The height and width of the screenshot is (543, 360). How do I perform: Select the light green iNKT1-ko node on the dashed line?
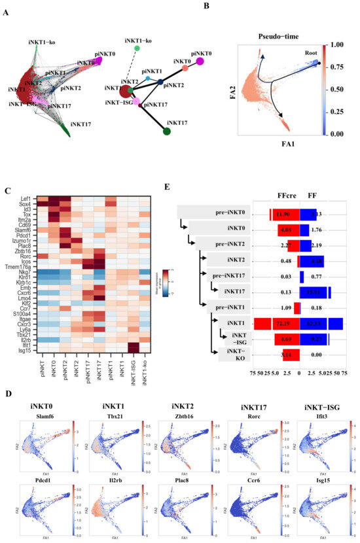136,48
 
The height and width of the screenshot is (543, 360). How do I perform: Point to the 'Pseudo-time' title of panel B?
274,39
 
